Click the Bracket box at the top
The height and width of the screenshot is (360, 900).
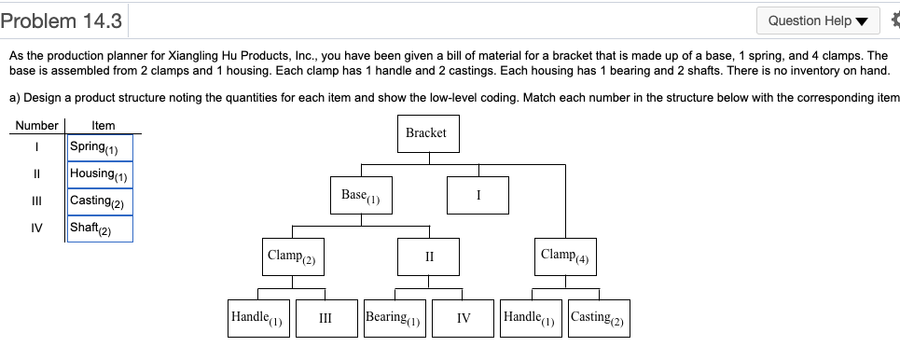(426, 133)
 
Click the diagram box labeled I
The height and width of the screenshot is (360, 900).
(478, 196)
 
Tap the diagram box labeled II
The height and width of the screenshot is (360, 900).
(429, 256)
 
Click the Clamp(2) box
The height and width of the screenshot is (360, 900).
(293, 256)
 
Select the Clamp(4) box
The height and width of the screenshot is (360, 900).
(565, 256)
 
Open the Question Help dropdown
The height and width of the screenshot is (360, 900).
(816, 21)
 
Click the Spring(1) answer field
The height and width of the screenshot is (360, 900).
(100, 147)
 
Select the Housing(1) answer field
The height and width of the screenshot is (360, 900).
(100, 174)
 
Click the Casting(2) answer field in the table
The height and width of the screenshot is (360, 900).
(100, 201)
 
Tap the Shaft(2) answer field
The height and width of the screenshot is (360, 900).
(100, 228)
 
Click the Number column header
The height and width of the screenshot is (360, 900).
(36, 125)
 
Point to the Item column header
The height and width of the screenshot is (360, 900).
(104, 125)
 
